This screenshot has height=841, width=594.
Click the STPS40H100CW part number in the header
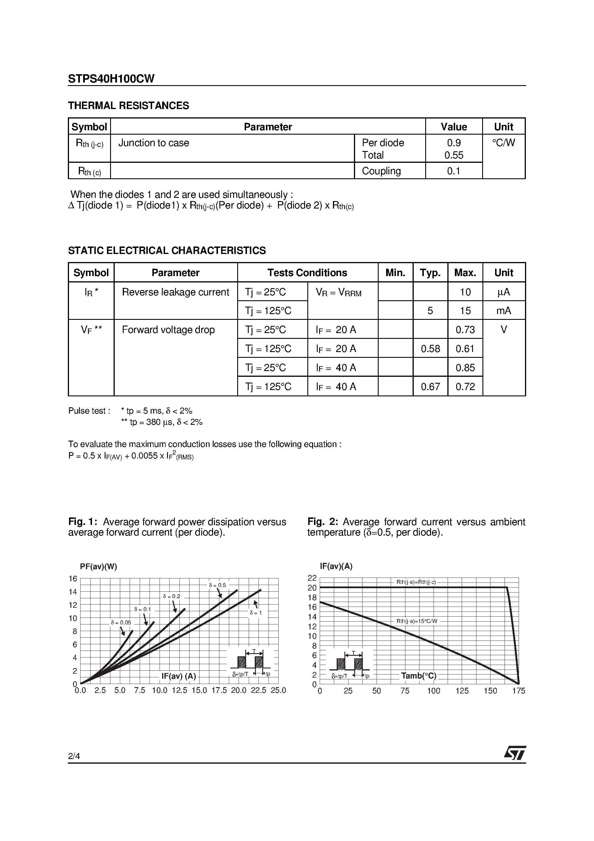[x=111, y=79]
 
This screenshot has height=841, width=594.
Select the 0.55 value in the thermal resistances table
[x=453, y=155]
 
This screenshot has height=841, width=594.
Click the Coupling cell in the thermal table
[x=381, y=171]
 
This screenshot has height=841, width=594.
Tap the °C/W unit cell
[x=503, y=143]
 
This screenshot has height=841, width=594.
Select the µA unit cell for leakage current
[x=503, y=292]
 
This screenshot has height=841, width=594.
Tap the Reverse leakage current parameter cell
[x=175, y=292]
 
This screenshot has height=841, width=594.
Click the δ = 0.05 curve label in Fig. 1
[x=121, y=623]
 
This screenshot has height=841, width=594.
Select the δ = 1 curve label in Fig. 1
[x=255, y=612]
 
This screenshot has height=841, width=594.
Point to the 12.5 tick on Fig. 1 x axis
[x=179, y=691]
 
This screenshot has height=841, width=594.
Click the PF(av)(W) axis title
[x=99, y=567]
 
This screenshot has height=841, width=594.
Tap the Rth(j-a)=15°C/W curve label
[x=417, y=621]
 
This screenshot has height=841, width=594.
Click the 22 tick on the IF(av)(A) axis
[x=312, y=578]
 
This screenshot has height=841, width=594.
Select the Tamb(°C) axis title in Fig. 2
[x=419, y=676]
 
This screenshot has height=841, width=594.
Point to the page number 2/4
[x=74, y=756]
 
